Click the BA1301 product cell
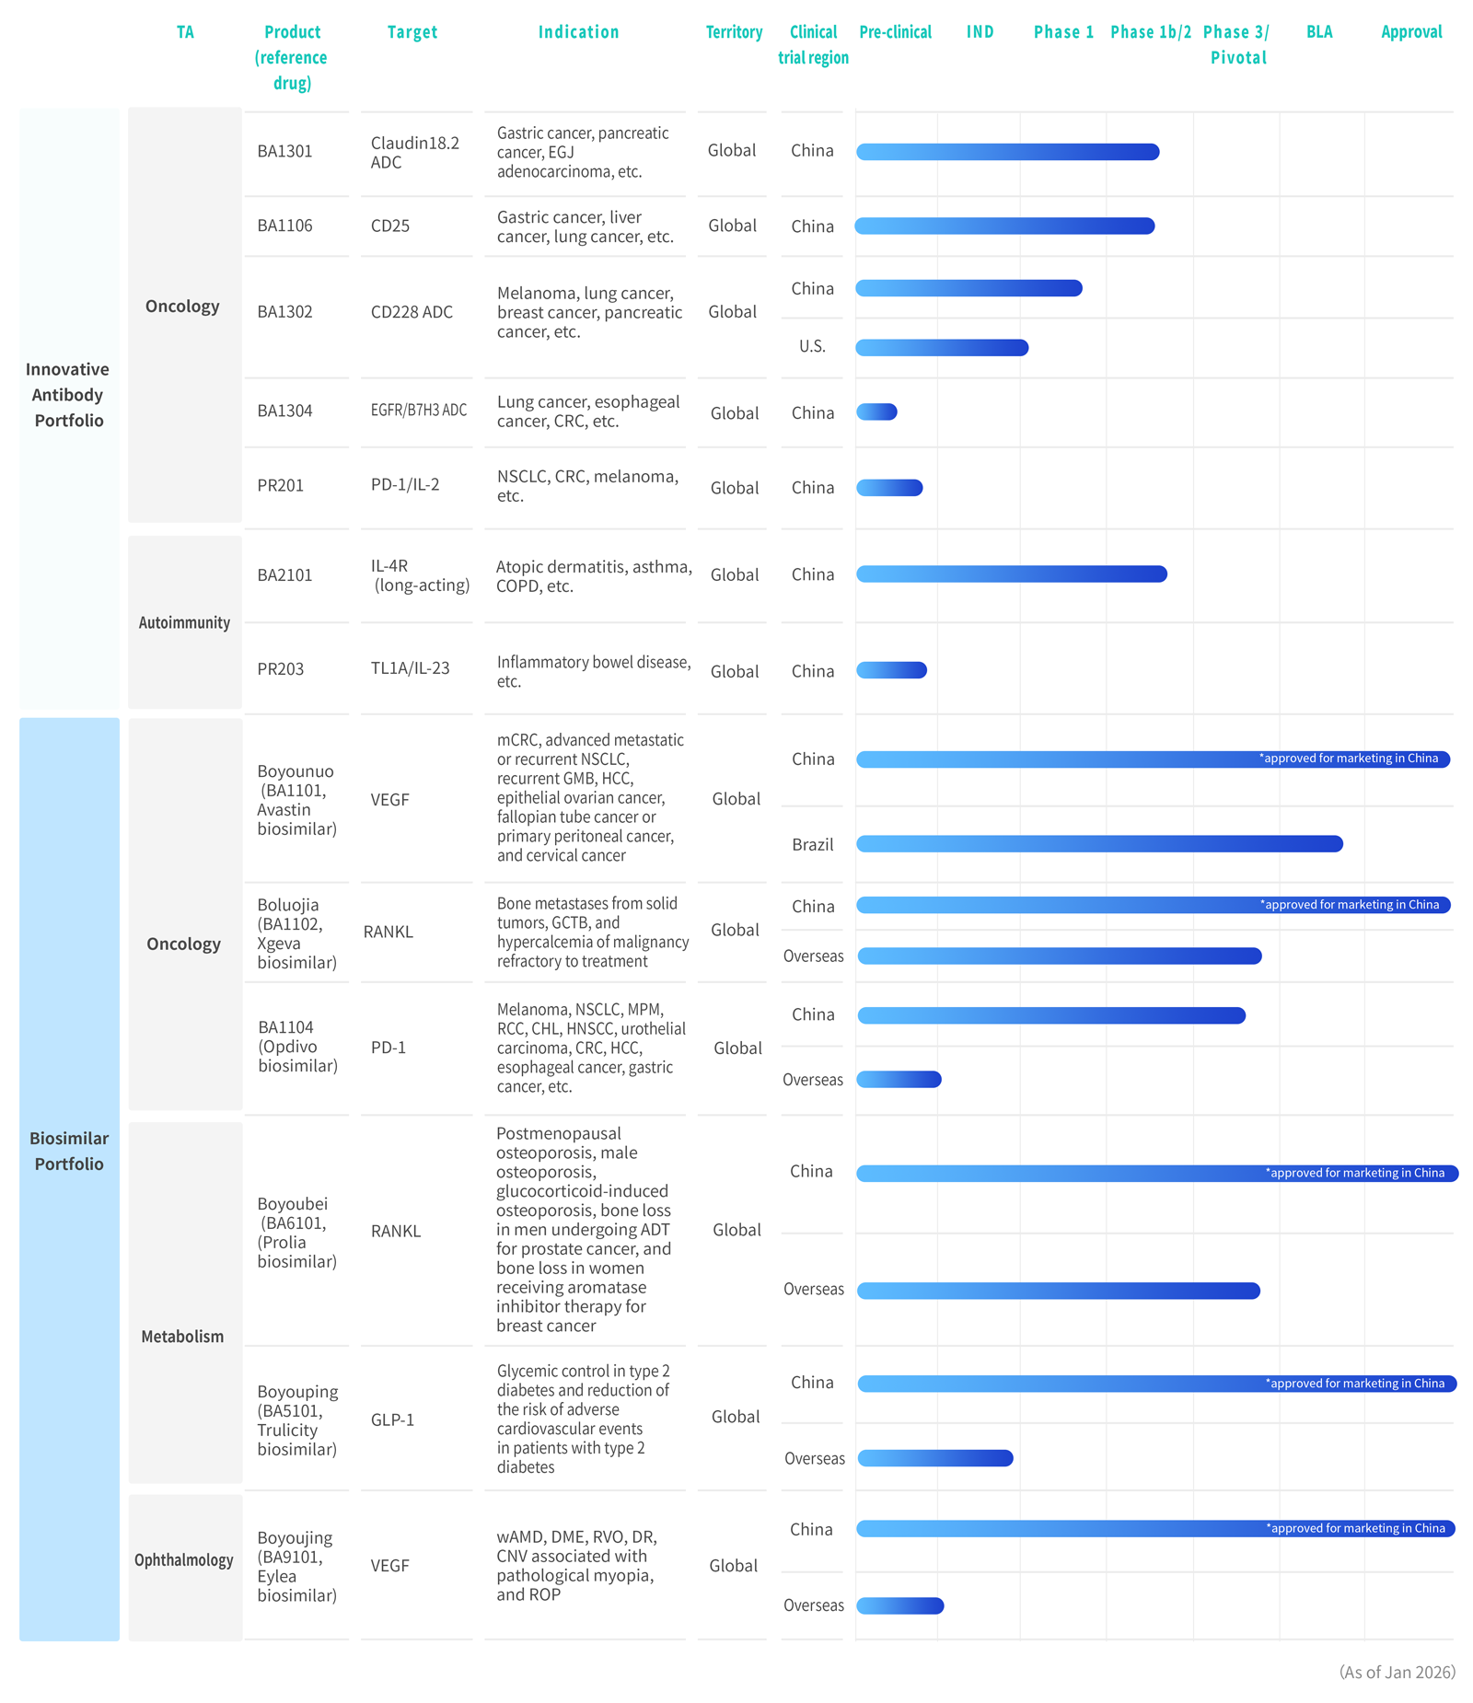(284, 151)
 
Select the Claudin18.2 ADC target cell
(414, 152)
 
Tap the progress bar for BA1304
(876, 411)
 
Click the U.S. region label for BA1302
(812, 346)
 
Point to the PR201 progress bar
(889, 488)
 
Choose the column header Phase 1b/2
(1150, 32)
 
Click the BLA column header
(1318, 32)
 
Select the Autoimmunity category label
(184, 622)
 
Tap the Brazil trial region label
(812, 844)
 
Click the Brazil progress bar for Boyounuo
(1099, 843)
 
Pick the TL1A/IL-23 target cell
(410, 668)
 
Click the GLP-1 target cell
(392, 1419)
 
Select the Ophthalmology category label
(184, 1559)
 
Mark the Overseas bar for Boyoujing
(899, 1605)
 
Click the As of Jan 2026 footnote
(1397, 1672)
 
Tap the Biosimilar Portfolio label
(69, 1151)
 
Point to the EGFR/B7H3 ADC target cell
(418, 411)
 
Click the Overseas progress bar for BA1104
(899, 1079)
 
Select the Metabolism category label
(182, 1337)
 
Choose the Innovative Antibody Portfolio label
(67, 394)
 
